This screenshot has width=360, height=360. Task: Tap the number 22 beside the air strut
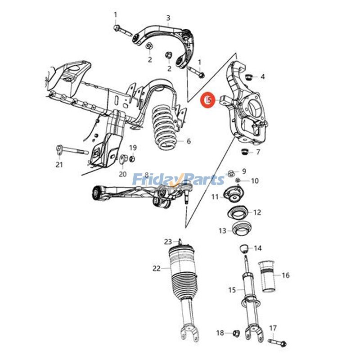point(156,269)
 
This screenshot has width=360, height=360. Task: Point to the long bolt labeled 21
point(72,150)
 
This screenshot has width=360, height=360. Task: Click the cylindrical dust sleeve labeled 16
point(267,275)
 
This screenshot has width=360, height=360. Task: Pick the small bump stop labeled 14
point(243,248)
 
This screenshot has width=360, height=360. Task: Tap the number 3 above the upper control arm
point(168,18)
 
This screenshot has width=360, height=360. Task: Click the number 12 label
point(257,212)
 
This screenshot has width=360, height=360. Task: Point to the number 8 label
point(146,174)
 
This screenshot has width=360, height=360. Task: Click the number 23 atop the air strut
point(168,241)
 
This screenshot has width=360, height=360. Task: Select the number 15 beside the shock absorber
point(232,290)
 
